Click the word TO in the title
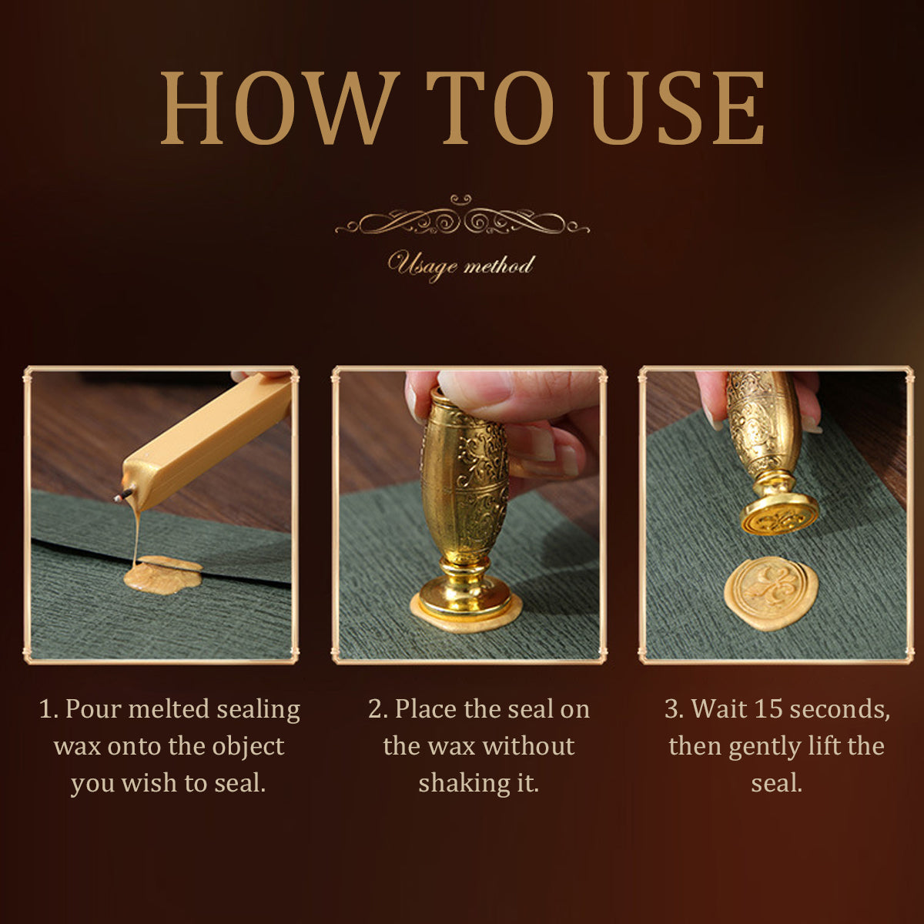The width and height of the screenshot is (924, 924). pyautogui.click(x=490, y=108)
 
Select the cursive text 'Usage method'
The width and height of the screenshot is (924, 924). pyautogui.click(x=460, y=266)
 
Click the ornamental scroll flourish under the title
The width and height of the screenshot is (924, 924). pyautogui.click(x=462, y=217)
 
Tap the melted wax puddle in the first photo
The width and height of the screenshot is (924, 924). pyautogui.click(x=162, y=575)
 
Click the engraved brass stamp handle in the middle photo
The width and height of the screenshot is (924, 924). pyautogui.click(x=464, y=480)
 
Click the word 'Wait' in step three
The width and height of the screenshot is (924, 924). pyautogui.click(x=719, y=708)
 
